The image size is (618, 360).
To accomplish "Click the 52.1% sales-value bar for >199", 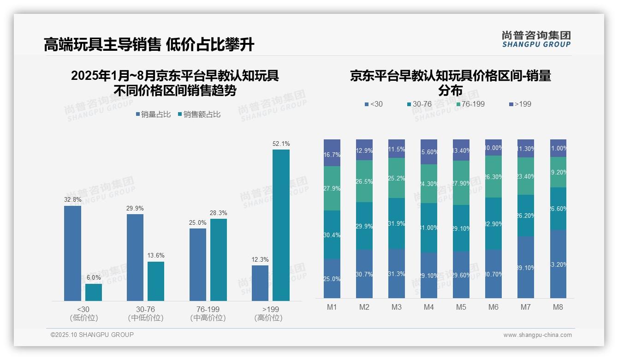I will [281, 225].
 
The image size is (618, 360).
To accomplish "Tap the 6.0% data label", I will [94, 277].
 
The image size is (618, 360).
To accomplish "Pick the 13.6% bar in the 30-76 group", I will [156, 281].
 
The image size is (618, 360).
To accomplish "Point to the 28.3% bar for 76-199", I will [219, 259].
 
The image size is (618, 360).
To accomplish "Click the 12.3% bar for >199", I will [260, 283].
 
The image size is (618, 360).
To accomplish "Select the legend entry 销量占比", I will [153, 114].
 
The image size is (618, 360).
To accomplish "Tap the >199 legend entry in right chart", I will [520, 104].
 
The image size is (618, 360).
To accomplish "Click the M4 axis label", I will [429, 307].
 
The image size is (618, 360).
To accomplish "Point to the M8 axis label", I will [558, 307].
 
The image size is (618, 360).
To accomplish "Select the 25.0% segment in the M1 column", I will [332, 278].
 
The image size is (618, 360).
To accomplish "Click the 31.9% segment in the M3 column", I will [397, 223].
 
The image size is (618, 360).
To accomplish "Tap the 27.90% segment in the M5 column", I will [461, 183].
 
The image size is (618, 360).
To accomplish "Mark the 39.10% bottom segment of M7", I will [526, 267].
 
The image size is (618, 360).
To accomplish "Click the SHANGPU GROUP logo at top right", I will [536, 39].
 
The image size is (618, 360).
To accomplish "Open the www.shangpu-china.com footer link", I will [537, 335].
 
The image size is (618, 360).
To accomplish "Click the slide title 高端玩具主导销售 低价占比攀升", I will [149, 45].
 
